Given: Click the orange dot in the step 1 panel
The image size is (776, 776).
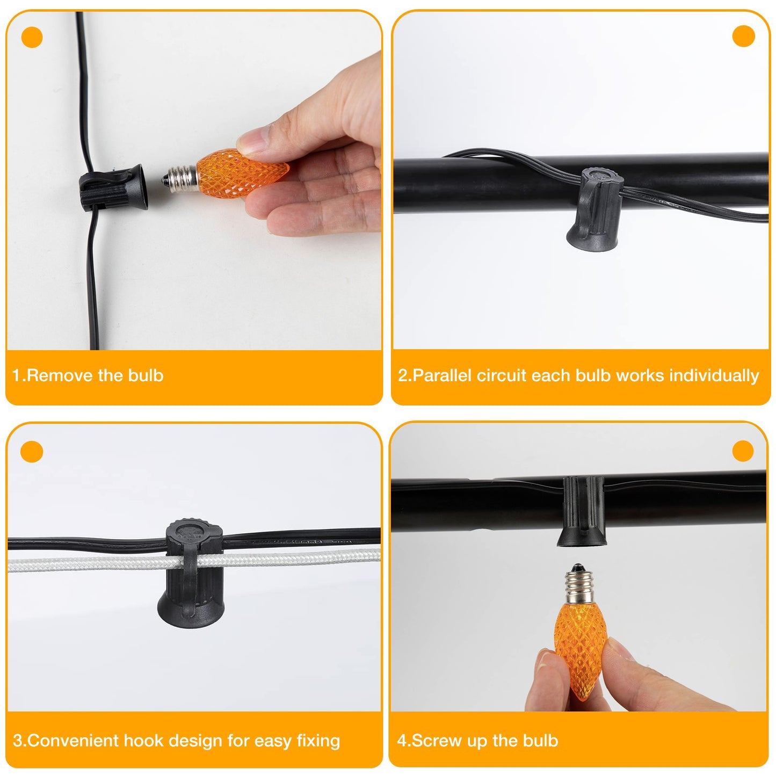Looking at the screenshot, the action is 32,37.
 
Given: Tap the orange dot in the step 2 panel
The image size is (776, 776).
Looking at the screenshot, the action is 743,36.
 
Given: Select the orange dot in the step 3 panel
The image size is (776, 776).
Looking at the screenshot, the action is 31,452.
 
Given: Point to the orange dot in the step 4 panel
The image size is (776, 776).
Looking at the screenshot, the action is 743,451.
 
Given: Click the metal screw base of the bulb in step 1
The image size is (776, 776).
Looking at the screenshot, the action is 179,179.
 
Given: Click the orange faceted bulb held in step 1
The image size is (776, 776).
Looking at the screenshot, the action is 242,172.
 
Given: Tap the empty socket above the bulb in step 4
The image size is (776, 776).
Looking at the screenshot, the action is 582,511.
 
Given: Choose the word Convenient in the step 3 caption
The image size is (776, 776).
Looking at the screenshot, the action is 73,740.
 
